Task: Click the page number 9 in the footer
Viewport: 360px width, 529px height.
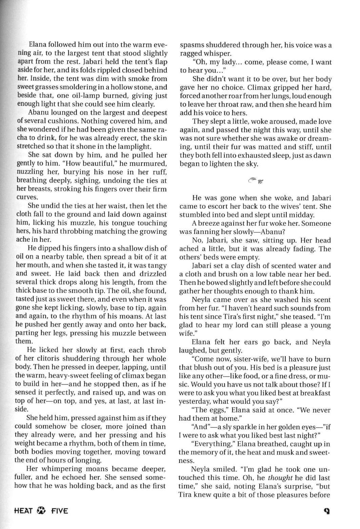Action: click(x=327, y=510)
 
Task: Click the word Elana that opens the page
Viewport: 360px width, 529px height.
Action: click(x=38, y=45)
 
